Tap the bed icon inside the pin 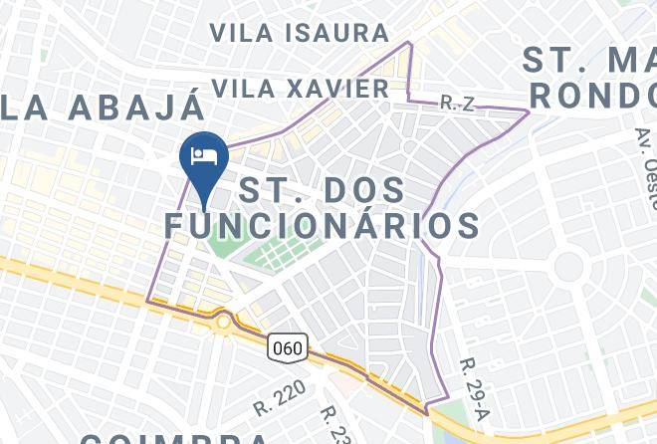pyautogui.click(x=204, y=155)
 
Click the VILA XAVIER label pyautogui.click(x=301, y=89)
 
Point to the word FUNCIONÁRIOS pyautogui.click(x=323, y=226)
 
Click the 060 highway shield pyautogui.click(x=288, y=348)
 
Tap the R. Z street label pyautogui.click(x=455, y=103)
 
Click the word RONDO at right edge pyautogui.click(x=593, y=97)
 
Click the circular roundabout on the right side pyautogui.click(x=568, y=265)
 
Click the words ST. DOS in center pyautogui.click(x=323, y=188)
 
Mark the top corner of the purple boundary pyautogui.click(x=409, y=43)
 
